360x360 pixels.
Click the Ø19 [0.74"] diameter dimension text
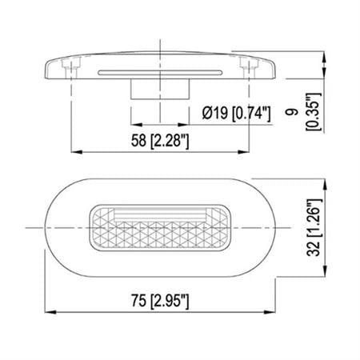click(238, 114)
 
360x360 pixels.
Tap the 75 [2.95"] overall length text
click(160, 300)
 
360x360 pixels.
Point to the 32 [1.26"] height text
click(314, 227)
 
